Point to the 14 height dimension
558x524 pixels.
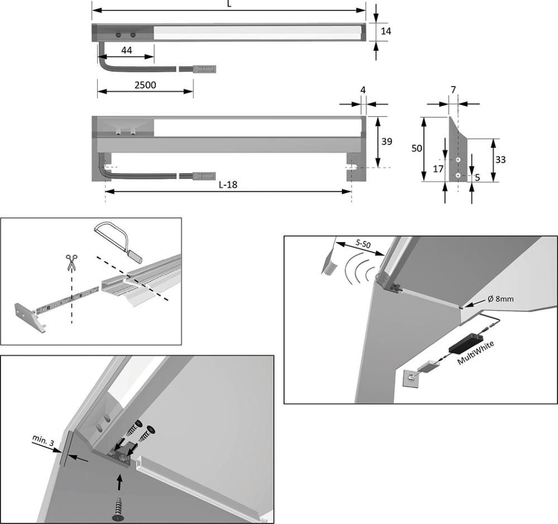385,31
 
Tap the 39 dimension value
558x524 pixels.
386,142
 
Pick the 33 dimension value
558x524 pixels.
500,160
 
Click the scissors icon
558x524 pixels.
71,262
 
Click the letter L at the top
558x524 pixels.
229,3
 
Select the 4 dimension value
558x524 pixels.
363,89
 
